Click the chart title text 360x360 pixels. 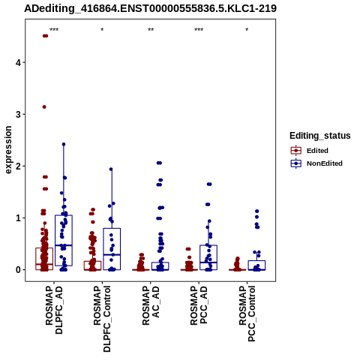tap(150, 9)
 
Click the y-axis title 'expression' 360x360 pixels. tap(8, 150)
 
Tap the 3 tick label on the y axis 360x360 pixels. tap(19, 114)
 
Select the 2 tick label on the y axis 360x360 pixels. tap(19, 166)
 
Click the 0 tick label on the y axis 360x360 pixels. tap(19, 270)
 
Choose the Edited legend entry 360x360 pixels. tap(309, 151)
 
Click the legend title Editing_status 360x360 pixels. tap(320, 136)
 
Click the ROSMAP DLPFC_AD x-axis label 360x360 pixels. tap(54, 310)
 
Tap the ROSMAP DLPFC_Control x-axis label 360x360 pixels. tap(102, 319)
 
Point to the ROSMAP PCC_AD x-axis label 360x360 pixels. tap(199, 305)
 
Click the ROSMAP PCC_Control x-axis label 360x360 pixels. tap(247, 313)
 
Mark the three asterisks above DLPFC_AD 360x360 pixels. tap(54, 30)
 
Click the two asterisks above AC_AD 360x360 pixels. tap(151, 30)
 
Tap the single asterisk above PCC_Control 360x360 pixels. tap(247, 30)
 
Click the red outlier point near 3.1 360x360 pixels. tap(44, 107)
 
